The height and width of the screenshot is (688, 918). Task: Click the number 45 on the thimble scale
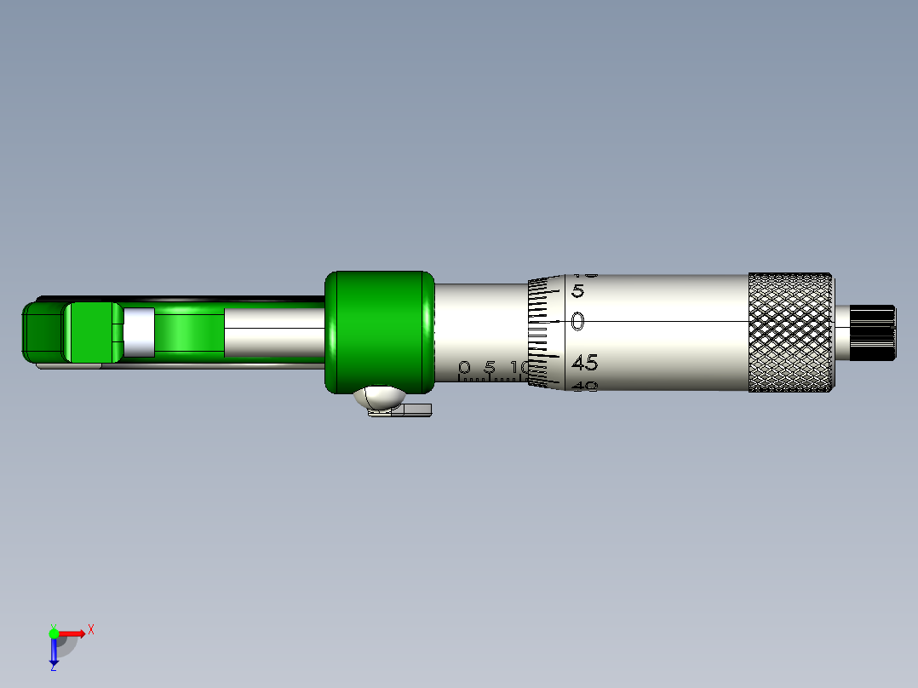tap(584, 364)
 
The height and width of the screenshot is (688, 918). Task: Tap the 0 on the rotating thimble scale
tap(578, 322)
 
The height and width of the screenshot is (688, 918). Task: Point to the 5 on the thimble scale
tap(577, 291)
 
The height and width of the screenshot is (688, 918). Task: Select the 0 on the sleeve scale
tap(464, 368)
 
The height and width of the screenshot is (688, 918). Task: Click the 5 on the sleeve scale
tap(490, 368)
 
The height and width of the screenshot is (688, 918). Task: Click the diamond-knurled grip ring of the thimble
tap(790, 333)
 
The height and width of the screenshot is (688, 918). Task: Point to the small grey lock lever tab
tap(416, 411)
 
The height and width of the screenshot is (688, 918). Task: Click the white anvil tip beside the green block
tap(138, 332)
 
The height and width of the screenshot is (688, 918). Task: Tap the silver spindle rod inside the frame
tap(273, 332)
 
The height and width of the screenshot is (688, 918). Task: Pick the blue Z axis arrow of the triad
tap(54, 652)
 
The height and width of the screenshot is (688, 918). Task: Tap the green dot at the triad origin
tap(54, 633)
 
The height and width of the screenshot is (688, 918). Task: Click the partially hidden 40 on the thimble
tap(584, 386)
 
